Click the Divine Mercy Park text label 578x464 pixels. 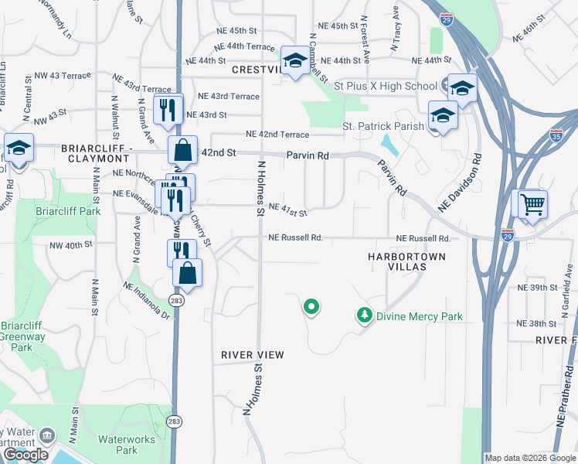tap(419, 316)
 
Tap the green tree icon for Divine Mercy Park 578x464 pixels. tap(364, 316)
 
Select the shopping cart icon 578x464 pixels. tap(532, 205)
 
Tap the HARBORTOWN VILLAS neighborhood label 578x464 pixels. tap(408, 261)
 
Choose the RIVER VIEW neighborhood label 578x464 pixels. tap(253, 355)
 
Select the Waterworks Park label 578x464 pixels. tap(117, 445)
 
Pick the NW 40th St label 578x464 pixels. tap(72, 244)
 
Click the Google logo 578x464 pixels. tap(25, 455)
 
